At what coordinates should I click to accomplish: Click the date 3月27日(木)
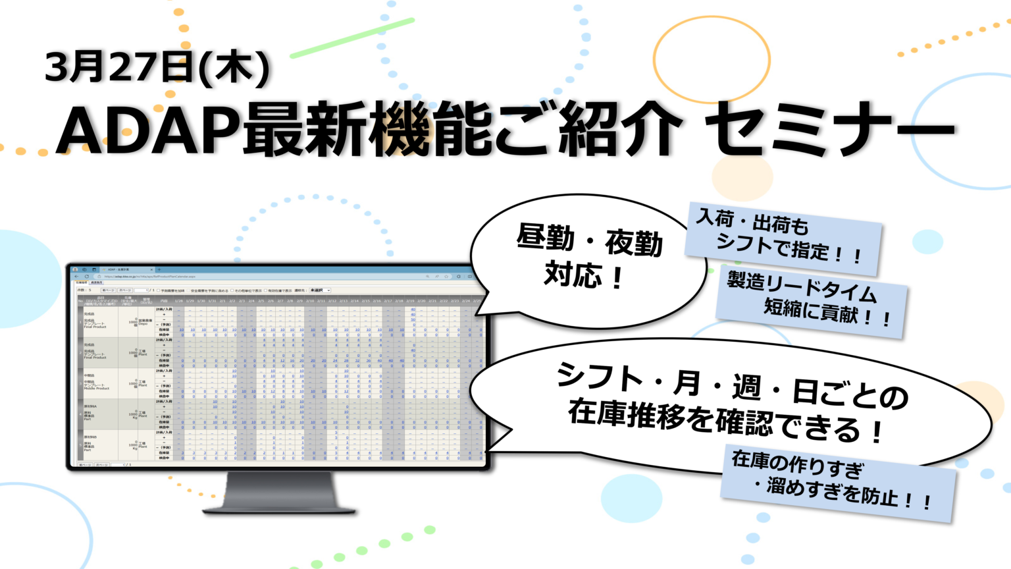[157, 68]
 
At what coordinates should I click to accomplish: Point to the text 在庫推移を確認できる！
[724, 421]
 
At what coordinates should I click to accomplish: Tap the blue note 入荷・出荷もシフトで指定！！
[783, 238]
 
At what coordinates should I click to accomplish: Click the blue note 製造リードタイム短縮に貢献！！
[811, 301]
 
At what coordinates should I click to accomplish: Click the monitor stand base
[280, 508]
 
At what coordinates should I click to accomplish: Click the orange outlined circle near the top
[712, 60]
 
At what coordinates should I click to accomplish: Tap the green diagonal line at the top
[351, 38]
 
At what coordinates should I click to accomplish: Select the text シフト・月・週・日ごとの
[731, 385]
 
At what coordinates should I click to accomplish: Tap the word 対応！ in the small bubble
[583, 275]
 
